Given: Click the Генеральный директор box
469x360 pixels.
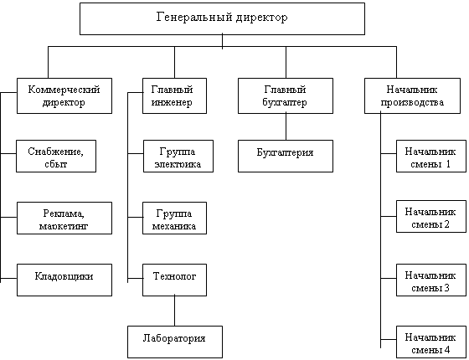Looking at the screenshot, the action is (222, 18).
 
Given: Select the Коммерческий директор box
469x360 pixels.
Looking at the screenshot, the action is (64, 95).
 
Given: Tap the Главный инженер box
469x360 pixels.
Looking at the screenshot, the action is (174, 95).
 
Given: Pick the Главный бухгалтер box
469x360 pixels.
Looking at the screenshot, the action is (286, 95).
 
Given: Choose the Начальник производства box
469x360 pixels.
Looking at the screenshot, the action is (412, 95).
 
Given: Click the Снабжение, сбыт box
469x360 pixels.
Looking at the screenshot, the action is (56, 156).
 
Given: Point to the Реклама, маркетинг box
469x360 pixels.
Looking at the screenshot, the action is (64, 218).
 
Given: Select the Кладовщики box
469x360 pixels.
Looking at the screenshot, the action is (64, 280).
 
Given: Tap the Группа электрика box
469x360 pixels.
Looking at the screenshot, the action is (178, 156).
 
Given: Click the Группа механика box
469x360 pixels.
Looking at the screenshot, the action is (174, 218).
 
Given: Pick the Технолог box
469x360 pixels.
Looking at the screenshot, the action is (174, 280).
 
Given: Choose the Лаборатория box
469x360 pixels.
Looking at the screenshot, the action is (175, 342).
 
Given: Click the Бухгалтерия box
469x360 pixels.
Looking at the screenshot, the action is (286, 156).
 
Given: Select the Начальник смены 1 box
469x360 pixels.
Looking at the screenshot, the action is (431, 156).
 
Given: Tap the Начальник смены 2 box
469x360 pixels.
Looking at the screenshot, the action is (431, 216).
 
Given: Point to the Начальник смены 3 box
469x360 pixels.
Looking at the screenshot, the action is (431, 280).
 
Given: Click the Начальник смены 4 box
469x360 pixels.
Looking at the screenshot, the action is (431, 342).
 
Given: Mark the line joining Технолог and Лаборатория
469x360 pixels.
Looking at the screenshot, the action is (175, 311).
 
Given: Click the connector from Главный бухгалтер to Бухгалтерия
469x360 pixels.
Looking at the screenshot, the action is (286, 126).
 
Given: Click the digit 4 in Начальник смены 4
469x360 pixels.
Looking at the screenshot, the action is (447, 349).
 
